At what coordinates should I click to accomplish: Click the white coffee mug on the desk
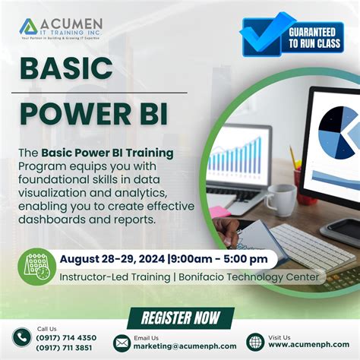tap(280, 200)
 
